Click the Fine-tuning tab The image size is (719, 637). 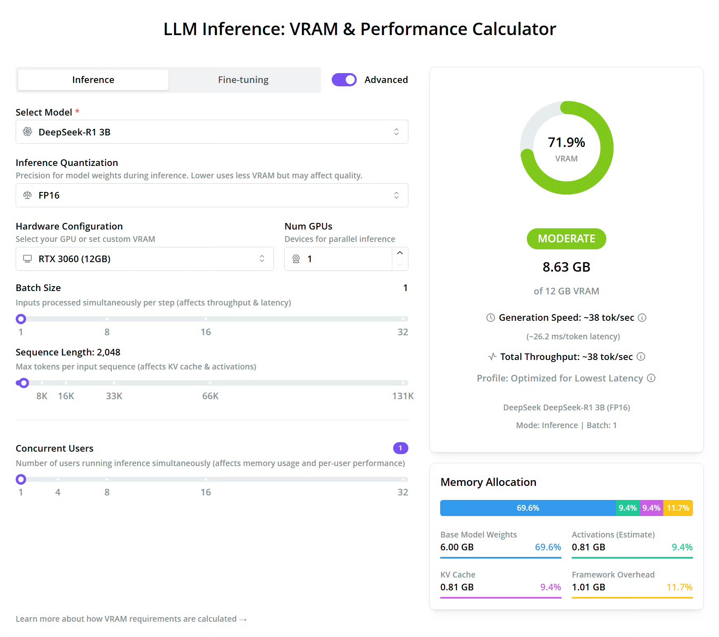point(243,80)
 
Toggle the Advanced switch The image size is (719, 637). point(344,80)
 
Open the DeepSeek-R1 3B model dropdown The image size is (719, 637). point(212,132)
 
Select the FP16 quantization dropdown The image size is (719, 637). point(212,195)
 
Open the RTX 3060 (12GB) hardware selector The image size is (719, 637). point(144,259)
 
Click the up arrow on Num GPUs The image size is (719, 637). point(400,253)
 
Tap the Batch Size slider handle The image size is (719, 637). point(21,319)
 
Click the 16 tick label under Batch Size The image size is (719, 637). point(205,332)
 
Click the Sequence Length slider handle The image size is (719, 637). point(24,383)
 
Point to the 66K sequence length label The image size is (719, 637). point(210,396)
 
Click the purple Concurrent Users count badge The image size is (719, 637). point(400,448)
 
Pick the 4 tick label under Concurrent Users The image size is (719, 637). point(58,492)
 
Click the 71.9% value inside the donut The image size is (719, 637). point(566,142)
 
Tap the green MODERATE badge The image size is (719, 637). point(566,239)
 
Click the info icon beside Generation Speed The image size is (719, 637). point(642,317)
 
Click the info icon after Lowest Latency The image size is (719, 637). point(651,378)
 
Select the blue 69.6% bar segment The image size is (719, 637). point(528,508)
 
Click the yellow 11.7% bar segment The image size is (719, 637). point(678,508)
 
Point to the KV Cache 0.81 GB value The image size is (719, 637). point(457,587)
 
